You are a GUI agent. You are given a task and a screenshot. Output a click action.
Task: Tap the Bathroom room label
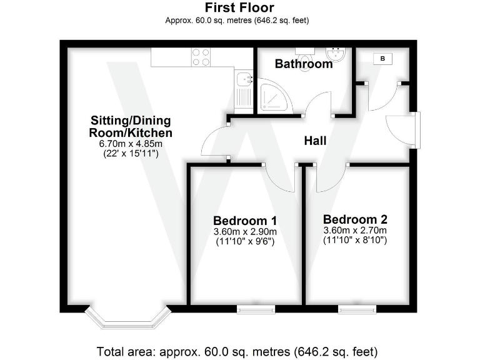click(x=303, y=64)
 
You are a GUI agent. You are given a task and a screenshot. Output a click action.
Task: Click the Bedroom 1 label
click(x=245, y=221)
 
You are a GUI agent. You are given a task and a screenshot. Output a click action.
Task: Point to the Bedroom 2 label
click(x=355, y=219)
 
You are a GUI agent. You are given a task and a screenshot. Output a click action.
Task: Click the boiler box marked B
click(x=382, y=59)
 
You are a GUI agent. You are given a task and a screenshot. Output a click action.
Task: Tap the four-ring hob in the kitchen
click(x=201, y=57)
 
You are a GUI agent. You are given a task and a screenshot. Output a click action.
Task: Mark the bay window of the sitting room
click(x=128, y=317)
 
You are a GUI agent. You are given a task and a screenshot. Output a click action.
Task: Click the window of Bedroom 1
click(x=256, y=309)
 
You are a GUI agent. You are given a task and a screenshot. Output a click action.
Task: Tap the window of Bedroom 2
click(x=357, y=309)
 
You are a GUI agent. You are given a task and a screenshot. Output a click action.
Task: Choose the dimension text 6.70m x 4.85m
click(x=131, y=144)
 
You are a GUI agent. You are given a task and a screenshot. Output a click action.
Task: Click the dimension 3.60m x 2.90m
click(x=245, y=231)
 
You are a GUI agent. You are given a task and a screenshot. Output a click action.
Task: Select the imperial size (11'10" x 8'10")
click(x=355, y=239)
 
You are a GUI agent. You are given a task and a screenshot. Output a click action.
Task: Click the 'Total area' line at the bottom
click(x=237, y=350)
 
